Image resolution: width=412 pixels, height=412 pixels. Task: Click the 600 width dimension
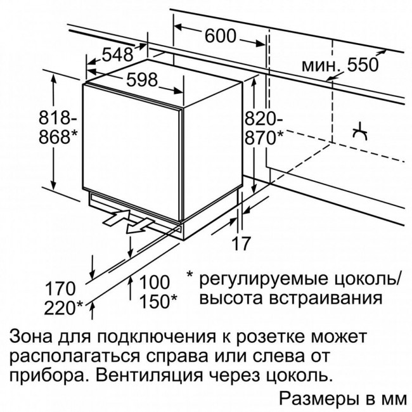[x=220, y=35]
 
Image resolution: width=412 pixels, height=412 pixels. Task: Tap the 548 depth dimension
[x=117, y=55]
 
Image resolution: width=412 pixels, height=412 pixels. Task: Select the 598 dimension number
[x=142, y=80]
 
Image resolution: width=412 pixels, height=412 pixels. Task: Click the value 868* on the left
[x=58, y=136]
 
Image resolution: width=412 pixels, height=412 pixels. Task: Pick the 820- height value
[x=264, y=118]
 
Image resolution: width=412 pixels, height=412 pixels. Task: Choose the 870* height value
[x=264, y=137]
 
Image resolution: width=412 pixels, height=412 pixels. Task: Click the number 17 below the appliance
[x=241, y=243]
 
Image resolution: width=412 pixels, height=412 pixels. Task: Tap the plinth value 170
[x=60, y=289]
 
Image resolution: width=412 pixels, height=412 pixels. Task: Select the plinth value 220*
[x=63, y=307]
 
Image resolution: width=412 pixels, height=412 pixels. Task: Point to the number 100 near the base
[x=154, y=283]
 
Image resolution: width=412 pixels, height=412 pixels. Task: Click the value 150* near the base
[x=158, y=301]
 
